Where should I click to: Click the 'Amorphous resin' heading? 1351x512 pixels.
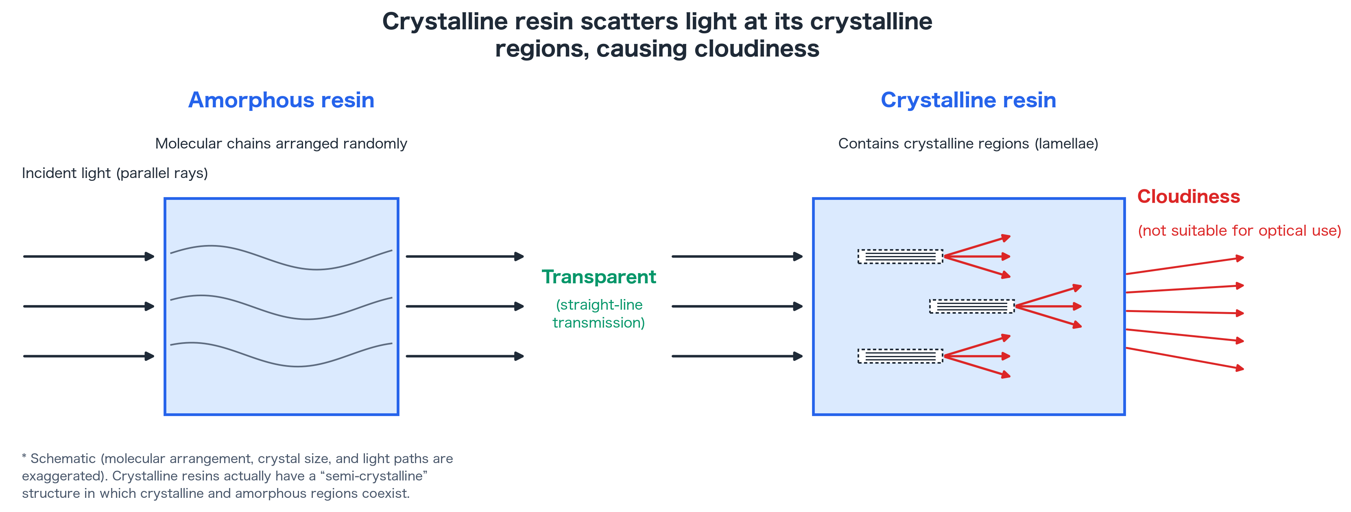281,100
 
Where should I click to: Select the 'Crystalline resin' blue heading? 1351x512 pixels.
968,100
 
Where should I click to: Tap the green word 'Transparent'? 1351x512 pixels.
598,277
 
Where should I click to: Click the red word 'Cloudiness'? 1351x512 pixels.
1188,197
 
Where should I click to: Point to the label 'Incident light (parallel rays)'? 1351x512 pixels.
115,173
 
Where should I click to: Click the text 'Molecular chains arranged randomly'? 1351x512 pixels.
281,143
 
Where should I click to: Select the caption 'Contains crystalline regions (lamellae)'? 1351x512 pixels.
968,143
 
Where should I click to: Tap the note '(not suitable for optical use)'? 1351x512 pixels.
1239,230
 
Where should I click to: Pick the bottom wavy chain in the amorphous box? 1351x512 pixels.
281,355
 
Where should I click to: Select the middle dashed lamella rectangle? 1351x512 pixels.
972,306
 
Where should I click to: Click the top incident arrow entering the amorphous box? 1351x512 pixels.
89,256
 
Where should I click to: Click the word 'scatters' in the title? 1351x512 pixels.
629,22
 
